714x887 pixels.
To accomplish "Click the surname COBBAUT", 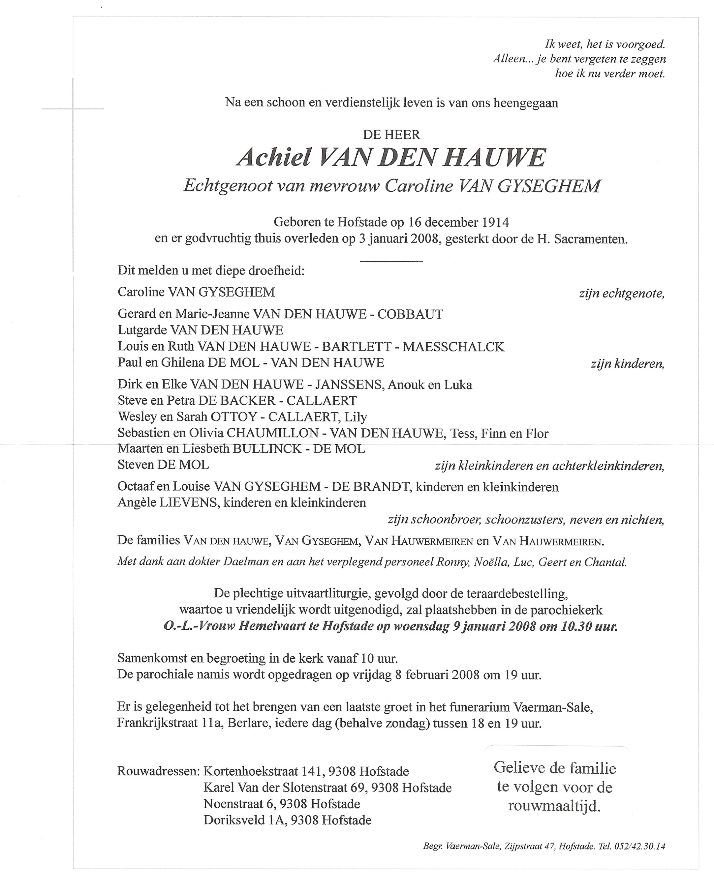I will point(410,314).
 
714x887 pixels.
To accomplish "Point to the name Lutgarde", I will point(142,330).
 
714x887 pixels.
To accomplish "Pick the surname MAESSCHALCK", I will point(453,347).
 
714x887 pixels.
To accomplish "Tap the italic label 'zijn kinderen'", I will point(627,364).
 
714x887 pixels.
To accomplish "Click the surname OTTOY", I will point(234,417).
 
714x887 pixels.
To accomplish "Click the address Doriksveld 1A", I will point(245,820).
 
